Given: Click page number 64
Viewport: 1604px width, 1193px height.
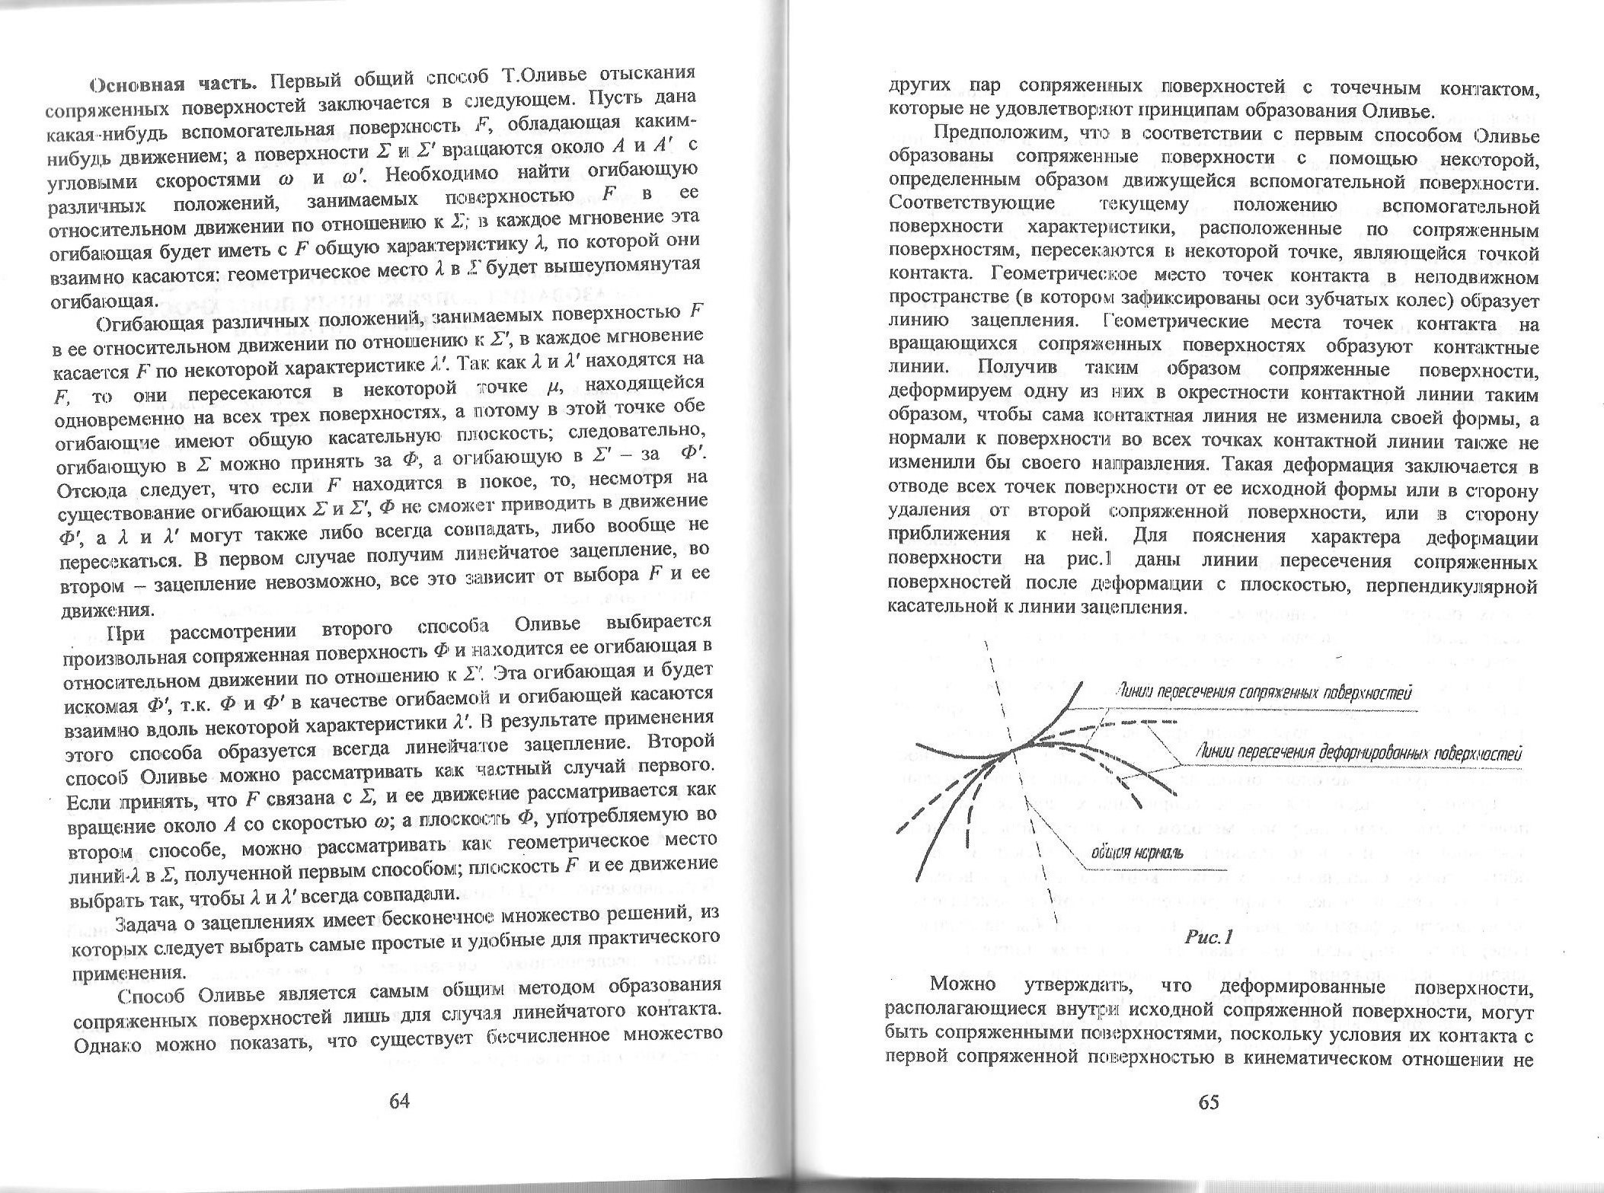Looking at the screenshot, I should (x=399, y=1102).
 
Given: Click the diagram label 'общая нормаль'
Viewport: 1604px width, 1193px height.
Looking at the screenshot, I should (x=1136, y=852).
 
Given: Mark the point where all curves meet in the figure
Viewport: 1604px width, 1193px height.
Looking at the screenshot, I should (x=1016, y=750).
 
